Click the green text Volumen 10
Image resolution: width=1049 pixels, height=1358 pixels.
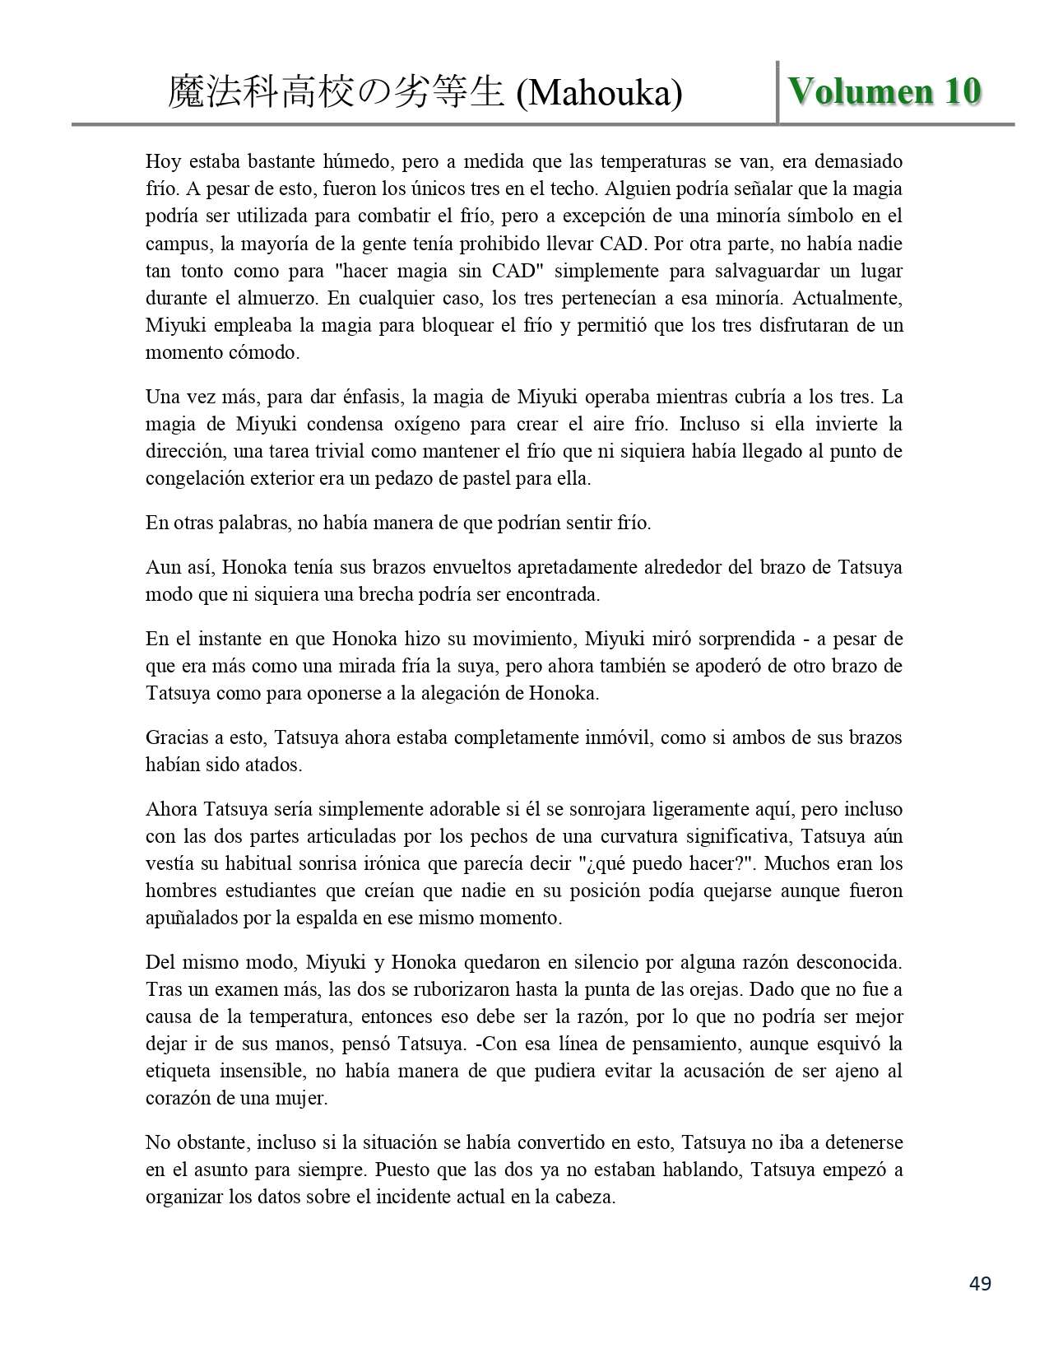pos(884,91)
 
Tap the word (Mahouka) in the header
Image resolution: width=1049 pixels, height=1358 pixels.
pos(599,94)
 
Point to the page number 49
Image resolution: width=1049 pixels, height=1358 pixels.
pos(980,1283)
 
